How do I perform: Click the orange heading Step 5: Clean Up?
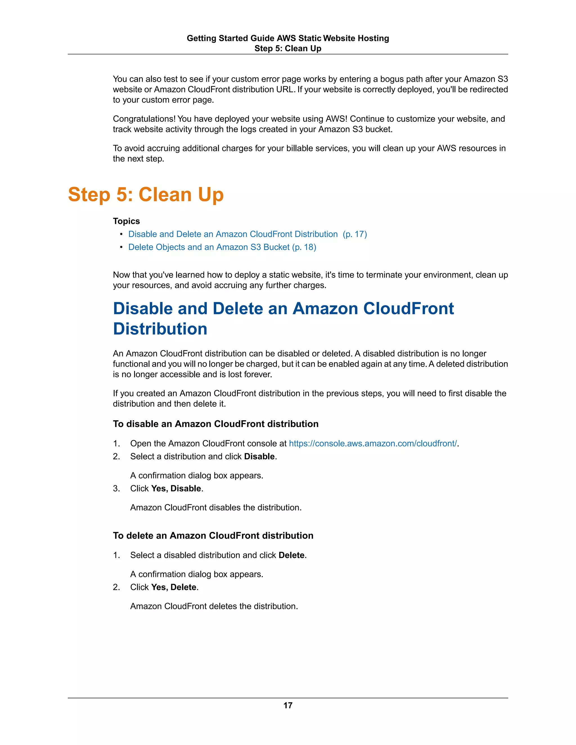point(146,195)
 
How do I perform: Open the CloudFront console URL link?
point(373,443)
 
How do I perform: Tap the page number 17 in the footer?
point(288,705)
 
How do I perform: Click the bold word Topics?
point(126,221)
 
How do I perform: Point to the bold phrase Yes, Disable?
point(176,489)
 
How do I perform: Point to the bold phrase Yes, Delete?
point(174,587)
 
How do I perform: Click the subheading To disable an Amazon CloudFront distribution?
point(216,424)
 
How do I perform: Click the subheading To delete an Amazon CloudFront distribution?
point(213,536)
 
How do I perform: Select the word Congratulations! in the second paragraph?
point(144,119)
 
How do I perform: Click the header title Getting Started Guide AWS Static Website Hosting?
point(288,38)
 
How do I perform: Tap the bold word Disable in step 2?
point(259,456)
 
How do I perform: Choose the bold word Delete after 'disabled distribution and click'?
point(291,555)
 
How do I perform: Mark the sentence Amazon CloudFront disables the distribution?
point(216,507)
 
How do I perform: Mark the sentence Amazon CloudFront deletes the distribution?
point(214,606)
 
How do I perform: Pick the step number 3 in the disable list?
point(116,489)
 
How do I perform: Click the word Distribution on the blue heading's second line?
point(160,329)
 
